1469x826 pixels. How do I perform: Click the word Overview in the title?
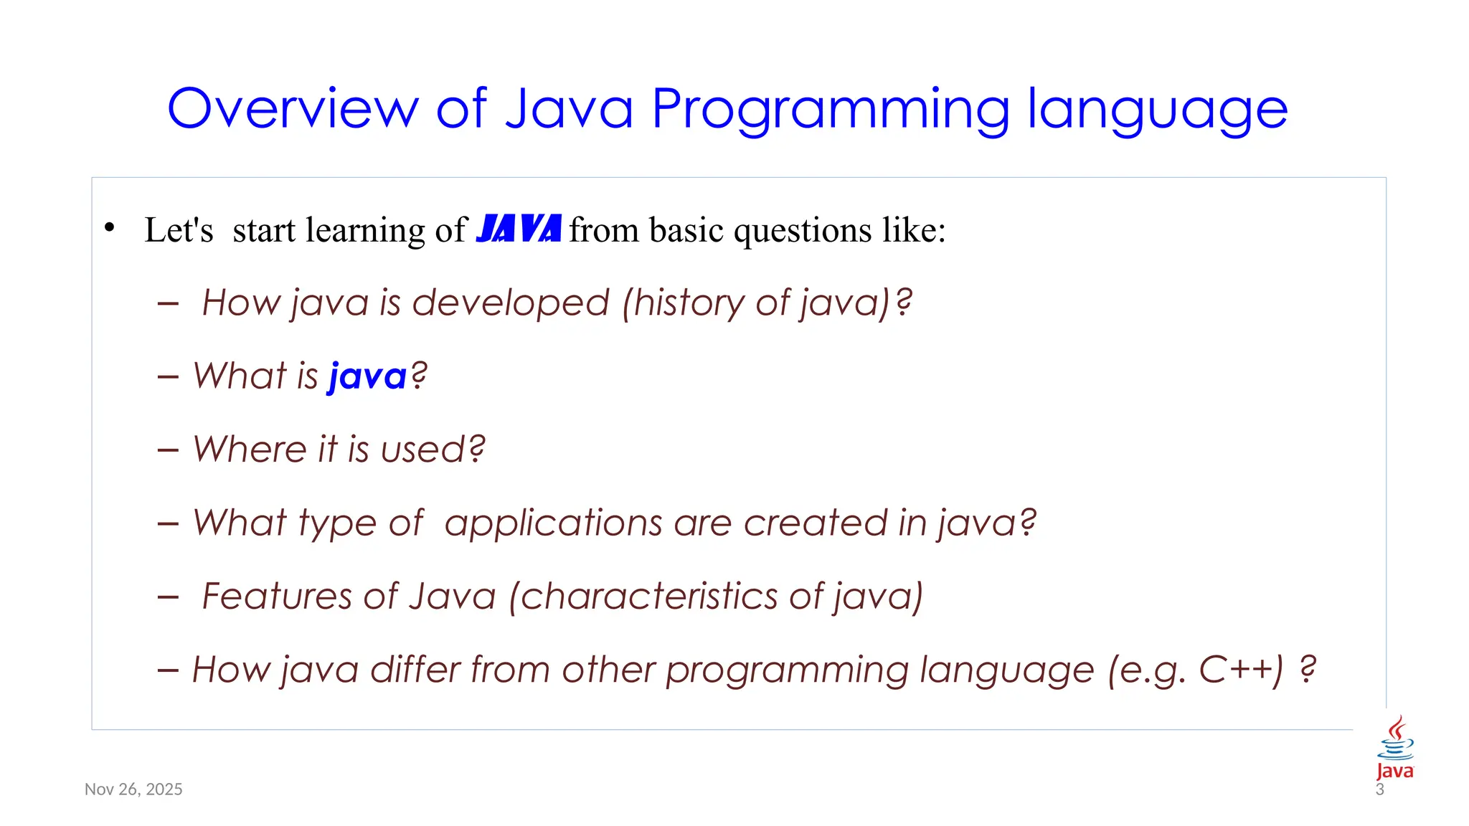293,109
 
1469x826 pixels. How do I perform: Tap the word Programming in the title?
830,109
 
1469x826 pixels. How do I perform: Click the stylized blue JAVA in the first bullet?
518,229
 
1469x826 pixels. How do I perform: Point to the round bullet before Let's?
109,228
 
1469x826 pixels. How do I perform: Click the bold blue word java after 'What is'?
367,376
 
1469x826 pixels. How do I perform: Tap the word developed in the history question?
510,303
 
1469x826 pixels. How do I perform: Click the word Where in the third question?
249,450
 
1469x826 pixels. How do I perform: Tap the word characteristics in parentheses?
648,596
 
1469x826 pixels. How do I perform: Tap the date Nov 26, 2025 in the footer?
133,789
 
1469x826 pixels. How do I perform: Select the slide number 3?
1379,790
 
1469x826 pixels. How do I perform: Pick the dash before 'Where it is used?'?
168,450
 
